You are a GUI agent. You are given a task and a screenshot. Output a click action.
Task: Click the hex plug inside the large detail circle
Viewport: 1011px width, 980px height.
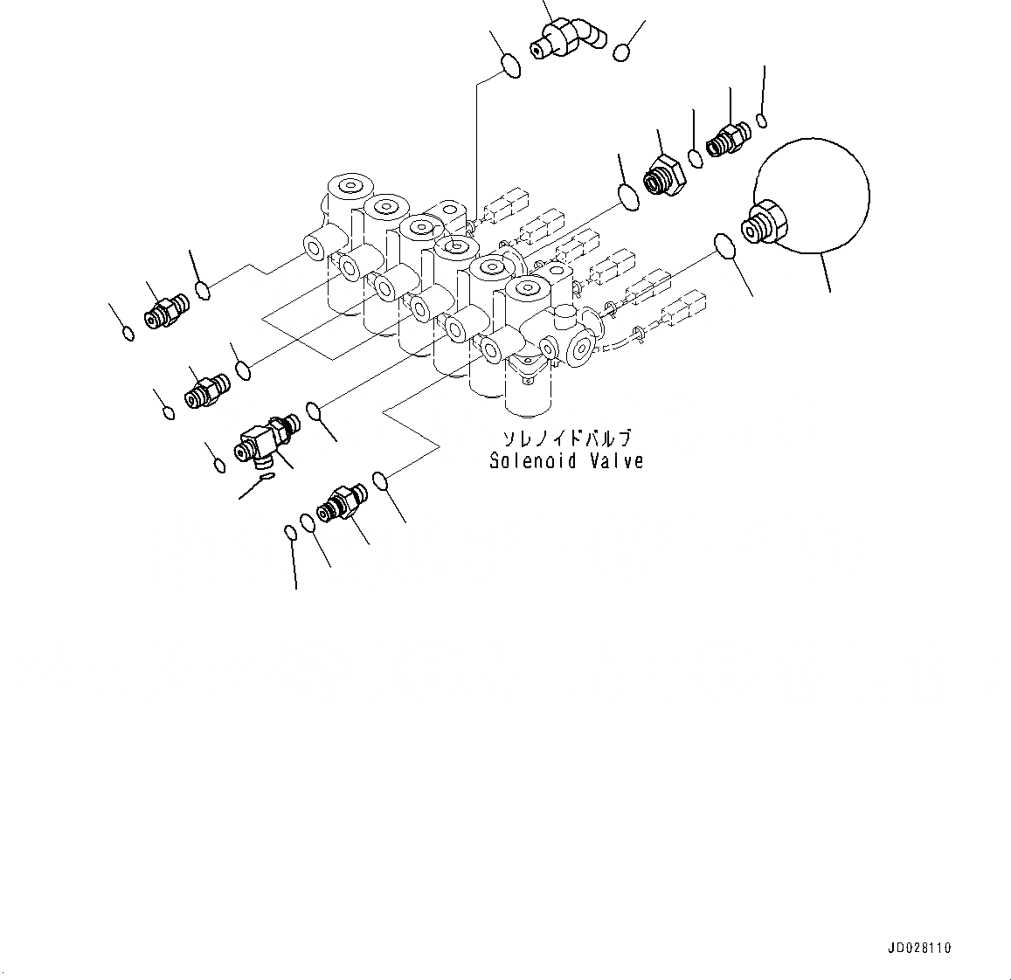tap(765, 222)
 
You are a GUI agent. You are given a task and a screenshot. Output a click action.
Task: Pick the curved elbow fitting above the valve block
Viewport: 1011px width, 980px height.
tap(568, 37)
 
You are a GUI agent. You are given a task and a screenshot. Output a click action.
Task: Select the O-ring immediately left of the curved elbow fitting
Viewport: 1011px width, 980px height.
tap(512, 65)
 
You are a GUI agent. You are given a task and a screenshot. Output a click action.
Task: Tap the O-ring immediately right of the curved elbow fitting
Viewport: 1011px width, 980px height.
tap(622, 52)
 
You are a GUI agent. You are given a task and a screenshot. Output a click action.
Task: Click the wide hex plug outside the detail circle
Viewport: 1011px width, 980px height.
tap(666, 175)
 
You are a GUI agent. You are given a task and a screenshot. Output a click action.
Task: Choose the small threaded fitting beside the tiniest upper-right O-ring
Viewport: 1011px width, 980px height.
tap(727, 139)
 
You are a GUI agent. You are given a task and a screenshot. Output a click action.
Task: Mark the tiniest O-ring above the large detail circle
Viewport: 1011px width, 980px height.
tap(763, 120)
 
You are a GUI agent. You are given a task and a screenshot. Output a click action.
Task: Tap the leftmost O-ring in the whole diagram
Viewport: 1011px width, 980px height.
tap(128, 333)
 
